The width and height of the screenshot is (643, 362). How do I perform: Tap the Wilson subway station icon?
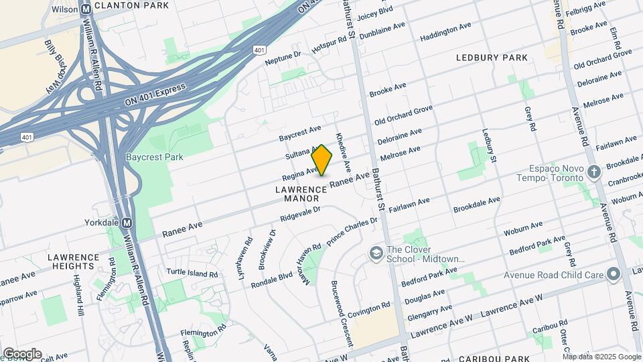(x=86, y=10)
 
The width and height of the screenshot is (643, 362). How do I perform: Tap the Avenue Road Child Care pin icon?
(x=612, y=274)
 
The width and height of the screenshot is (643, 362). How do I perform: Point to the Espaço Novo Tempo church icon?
(x=593, y=173)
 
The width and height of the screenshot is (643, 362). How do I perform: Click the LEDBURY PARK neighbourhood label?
(x=492, y=58)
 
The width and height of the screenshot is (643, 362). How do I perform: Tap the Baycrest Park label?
(x=145, y=157)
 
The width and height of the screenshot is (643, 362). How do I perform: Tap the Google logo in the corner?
(x=22, y=353)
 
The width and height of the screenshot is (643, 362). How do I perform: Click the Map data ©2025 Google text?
(x=601, y=357)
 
